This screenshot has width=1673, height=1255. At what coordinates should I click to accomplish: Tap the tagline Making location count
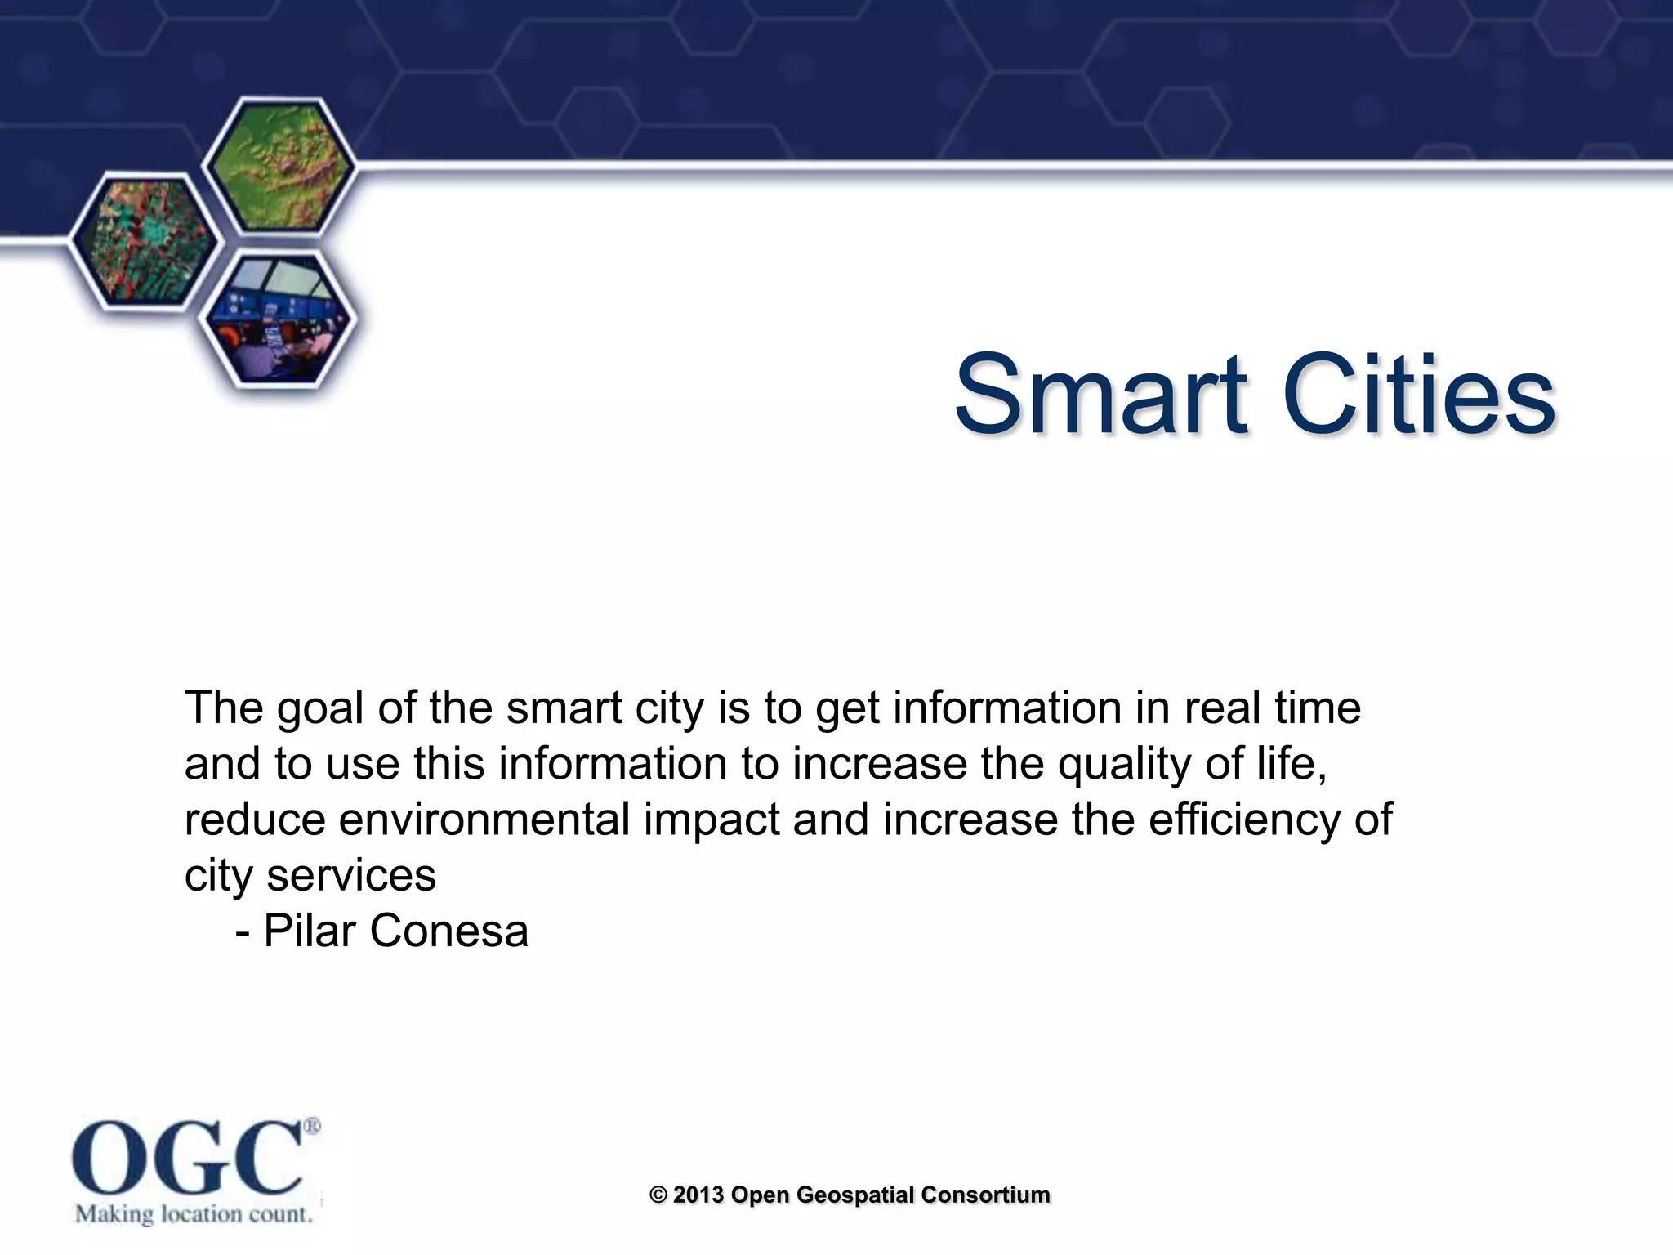(x=194, y=1214)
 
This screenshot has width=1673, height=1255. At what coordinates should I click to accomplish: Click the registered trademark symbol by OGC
(x=312, y=1126)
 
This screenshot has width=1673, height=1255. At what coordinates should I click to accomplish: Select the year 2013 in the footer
(x=698, y=1195)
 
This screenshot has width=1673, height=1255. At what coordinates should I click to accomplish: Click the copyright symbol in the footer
(x=658, y=1195)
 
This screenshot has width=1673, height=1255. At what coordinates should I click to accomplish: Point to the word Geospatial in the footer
(x=854, y=1195)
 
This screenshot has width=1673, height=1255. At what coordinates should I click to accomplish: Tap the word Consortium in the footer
(x=985, y=1195)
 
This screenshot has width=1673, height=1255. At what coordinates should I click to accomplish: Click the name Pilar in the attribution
(x=314, y=931)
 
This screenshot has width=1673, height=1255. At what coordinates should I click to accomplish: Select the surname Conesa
(x=449, y=931)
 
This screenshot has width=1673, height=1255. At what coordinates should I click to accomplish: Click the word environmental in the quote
(x=484, y=820)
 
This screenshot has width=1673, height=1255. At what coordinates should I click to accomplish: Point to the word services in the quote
(x=351, y=876)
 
